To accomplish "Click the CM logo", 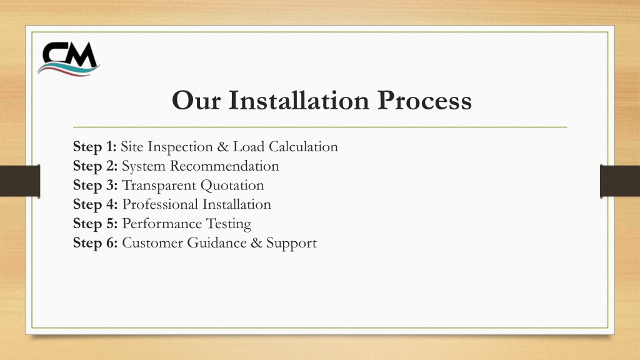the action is (69, 59).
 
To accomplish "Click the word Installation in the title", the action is (299, 101).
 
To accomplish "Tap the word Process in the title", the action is (424, 101).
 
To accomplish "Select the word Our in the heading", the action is (196, 101).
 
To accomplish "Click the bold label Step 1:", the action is (95, 146).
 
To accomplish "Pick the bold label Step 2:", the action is (95, 166).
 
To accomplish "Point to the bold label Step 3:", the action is (95, 185).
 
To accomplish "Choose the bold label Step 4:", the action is (95, 204).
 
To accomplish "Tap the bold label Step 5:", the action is (95, 223).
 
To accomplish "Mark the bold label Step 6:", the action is (95, 242).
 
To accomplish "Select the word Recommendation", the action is (224, 166).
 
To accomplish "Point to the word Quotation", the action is (232, 185).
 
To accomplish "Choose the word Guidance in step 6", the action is (217, 242).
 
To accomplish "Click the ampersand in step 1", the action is (223, 147).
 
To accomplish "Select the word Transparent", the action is (159, 186).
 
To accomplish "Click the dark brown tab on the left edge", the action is (20, 181).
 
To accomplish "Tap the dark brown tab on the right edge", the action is (620, 181).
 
